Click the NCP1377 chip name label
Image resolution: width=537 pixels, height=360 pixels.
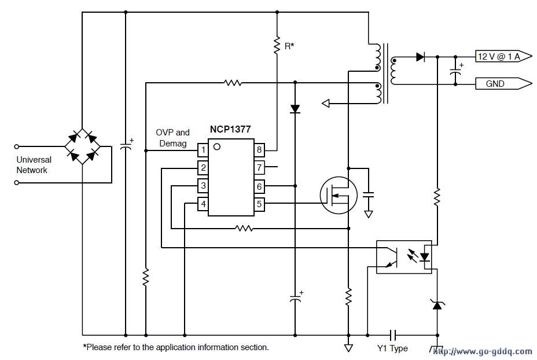click(230, 130)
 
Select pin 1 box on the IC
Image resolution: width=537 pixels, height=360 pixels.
click(203, 150)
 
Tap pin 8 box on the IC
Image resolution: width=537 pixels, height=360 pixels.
click(259, 150)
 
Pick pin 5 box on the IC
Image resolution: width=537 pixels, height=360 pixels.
click(259, 204)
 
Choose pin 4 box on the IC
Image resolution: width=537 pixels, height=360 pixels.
click(203, 204)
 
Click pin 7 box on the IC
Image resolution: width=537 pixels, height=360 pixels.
click(259, 168)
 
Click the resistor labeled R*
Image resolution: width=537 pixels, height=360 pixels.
click(277, 45)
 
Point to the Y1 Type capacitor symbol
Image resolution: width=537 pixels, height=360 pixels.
click(392, 335)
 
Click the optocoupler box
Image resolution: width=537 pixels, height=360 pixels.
click(403, 256)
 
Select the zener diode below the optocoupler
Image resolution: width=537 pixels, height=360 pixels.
click(437, 303)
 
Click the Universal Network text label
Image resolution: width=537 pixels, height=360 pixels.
click(34, 165)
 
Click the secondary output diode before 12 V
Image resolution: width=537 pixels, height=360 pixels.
click(421, 57)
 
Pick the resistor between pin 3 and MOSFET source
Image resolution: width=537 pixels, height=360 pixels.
click(244, 228)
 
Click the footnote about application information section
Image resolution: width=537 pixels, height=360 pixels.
click(176, 347)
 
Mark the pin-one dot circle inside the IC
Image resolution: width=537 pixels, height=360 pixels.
click(216, 146)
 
